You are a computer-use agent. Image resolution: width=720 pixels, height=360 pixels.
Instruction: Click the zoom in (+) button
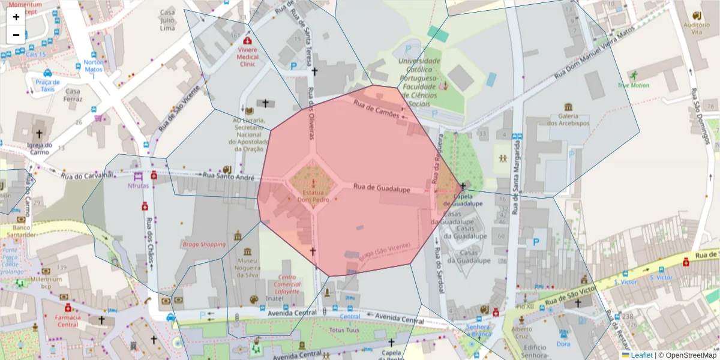point(16,17)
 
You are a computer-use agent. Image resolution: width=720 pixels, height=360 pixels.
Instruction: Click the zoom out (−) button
point(16,35)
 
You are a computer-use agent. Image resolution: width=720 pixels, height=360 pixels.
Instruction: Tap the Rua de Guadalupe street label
point(381,189)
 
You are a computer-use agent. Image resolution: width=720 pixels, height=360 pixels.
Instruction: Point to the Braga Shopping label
point(204,244)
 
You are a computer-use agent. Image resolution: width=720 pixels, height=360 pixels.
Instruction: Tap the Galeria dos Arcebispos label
point(568,119)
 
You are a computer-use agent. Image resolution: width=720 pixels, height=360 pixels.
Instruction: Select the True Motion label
point(633,85)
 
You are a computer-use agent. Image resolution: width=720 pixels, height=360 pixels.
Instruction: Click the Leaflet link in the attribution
point(641,355)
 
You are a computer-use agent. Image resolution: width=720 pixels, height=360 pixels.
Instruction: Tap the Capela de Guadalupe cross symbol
point(463,186)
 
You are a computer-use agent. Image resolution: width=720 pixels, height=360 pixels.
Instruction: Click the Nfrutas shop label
point(138,186)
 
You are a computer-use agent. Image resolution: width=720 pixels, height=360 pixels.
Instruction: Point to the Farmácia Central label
point(68,320)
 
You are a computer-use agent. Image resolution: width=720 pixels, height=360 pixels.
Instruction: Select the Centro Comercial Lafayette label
point(288,284)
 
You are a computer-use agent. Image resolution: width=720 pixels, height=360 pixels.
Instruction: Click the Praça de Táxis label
point(47,86)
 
